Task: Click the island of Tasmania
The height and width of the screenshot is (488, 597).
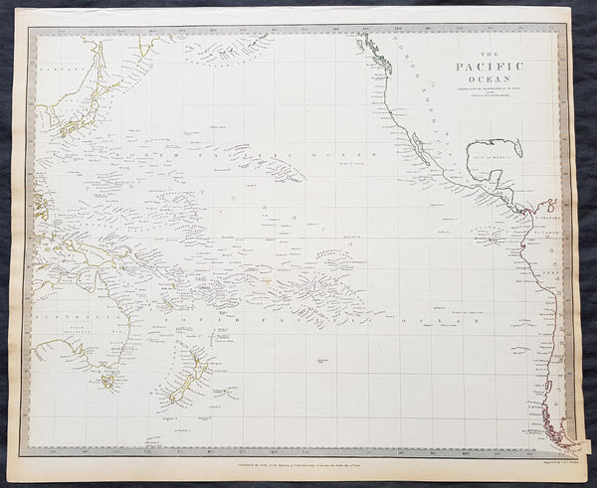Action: (106, 380)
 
